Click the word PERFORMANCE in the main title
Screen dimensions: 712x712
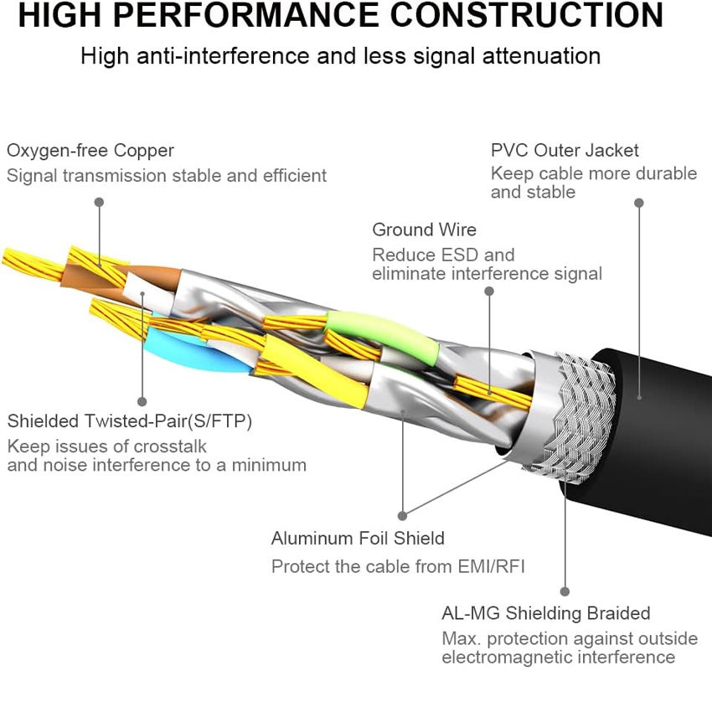point(245,15)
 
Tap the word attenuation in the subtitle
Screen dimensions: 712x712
point(541,56)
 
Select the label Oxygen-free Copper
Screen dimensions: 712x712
point(90,151)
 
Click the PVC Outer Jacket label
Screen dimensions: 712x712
point(565,150)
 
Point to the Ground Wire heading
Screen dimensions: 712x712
point(424,230)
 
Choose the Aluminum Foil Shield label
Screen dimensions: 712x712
point(358,539)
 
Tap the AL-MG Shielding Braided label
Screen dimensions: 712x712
point(546,613)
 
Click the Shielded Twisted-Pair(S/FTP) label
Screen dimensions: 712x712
point(129,421)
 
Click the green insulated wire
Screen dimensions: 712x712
point(382,336)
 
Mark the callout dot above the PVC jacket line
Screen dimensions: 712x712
point(639,203)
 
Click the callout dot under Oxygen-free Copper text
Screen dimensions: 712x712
point(99,202)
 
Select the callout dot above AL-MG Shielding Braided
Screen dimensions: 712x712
point(565,591)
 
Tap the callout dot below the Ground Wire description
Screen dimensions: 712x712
point(489,291)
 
